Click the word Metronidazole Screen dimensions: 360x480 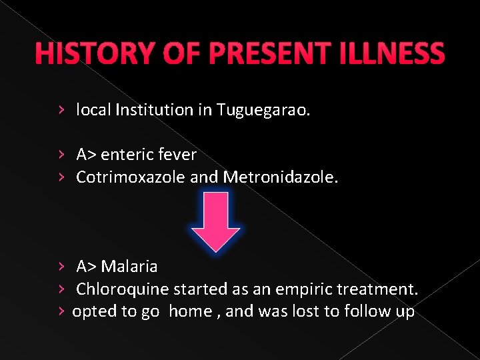coord(281,177)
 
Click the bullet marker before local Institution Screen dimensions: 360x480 coord(61,109)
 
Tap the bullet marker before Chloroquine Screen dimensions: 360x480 coord(61,289)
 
